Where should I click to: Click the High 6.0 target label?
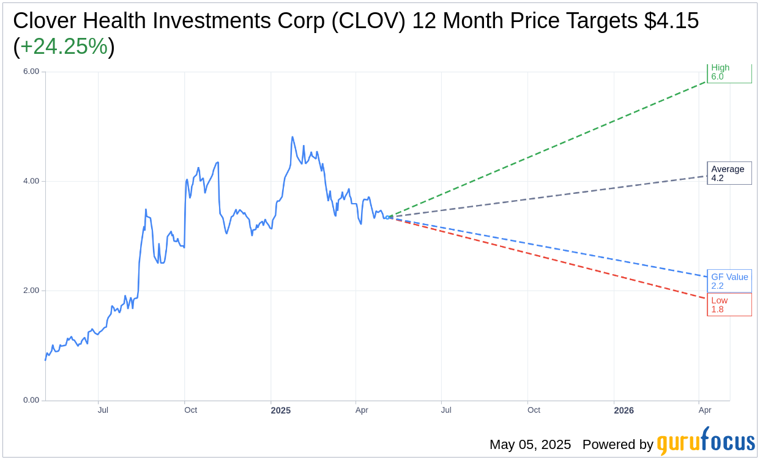tap(729, 72)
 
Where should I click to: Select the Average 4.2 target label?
tap(729, 174)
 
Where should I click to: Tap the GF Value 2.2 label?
tap(729, 281)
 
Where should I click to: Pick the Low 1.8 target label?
tap(729, 305)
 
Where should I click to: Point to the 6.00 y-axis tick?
tap(31, 72)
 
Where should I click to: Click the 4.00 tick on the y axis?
tap(31, 181)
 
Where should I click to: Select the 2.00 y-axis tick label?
tap(31, 291)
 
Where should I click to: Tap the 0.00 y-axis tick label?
tap(31, 400)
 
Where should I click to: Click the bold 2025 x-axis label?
tap(281, 410)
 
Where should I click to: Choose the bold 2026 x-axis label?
tap(624, 410)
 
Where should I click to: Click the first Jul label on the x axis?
tap(103, 410)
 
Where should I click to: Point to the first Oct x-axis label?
tap(190, 410)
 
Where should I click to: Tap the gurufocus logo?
tap(706, 442)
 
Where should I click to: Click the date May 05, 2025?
tap(530, 445)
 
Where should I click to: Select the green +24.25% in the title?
tap(64, 46)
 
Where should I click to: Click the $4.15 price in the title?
tap(671, 21)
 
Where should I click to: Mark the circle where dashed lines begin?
tap(387, 217)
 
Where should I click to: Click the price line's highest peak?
tap(292, 137)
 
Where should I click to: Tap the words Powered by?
tap(617, 445)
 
